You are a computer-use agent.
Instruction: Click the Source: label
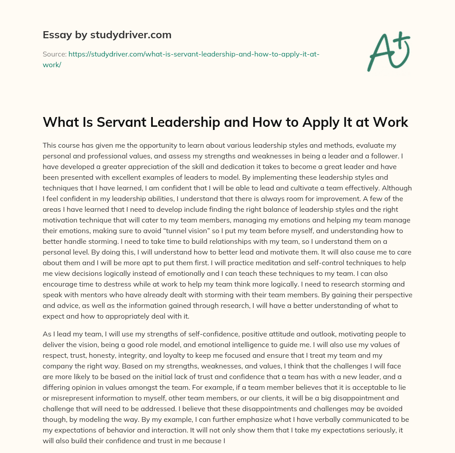54,54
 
